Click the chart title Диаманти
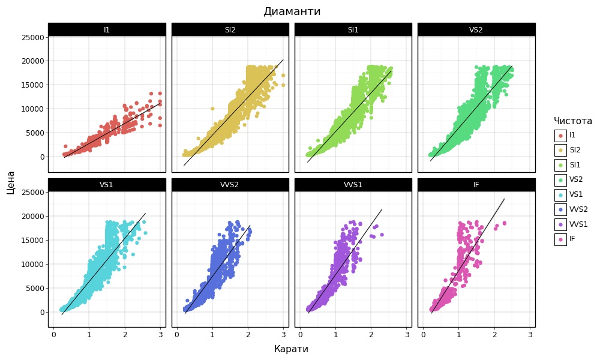coord(292,11)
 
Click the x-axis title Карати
coord(291,349)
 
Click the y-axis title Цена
coord(11,182)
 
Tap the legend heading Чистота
coord(572,121)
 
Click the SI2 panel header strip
coord(230,29)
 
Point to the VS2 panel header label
coord(476,29)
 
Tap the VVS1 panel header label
coord(353,185)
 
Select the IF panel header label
coord(476,185)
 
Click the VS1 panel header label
coord(107,185)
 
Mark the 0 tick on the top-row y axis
coord(42,157)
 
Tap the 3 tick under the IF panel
coord(530,334)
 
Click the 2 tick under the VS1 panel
coord(125,334)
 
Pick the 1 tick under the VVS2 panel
coord(212,334)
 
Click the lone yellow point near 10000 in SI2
coord(212,109)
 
